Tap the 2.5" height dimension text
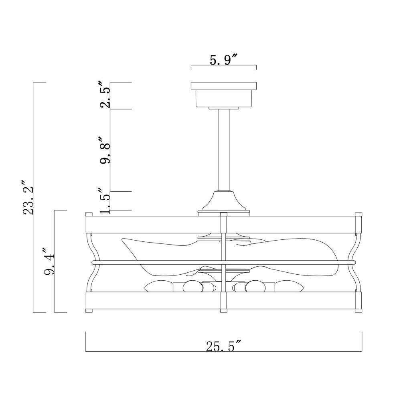point(105,95)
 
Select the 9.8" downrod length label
point(105,150)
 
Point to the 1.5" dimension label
point(105,201)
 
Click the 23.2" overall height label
point(28,197)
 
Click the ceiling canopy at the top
point(224,95)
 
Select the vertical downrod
point(224,150)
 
